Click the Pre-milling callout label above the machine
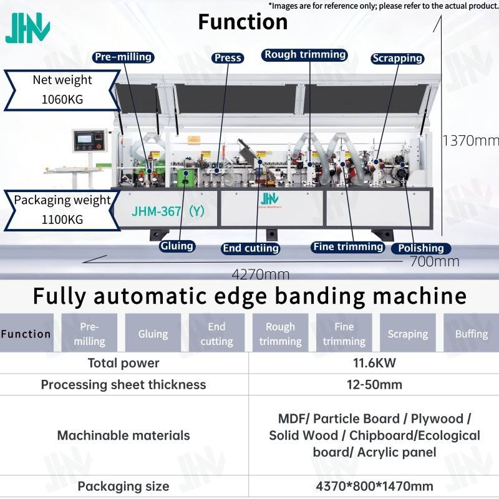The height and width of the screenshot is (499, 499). point(123,57)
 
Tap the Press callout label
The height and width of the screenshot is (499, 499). point(228,58)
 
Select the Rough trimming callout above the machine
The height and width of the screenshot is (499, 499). point(305,54)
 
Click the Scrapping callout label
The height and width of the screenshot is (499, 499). point(397,58)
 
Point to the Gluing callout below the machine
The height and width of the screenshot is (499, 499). point(177,246)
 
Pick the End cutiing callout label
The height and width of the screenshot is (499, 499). point(251,248)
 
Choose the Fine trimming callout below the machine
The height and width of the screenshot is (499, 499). point(348,246)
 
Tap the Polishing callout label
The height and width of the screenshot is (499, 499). point(420,248)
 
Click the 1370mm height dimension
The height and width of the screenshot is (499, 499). point(470,140)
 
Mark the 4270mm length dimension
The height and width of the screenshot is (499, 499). point(260,274)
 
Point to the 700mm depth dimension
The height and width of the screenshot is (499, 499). point(434,261)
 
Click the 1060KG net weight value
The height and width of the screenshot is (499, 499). point(62,100)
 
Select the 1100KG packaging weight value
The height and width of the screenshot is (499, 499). point(62,220)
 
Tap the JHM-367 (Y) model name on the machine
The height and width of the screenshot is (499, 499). point(168,211)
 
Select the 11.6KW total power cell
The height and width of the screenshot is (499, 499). point(374,363)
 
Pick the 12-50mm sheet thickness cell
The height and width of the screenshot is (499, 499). point(374,385)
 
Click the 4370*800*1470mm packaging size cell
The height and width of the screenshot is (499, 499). point(374,487)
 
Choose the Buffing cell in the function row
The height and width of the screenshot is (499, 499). point(472,334)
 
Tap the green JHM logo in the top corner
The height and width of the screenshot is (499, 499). point(27,27)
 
